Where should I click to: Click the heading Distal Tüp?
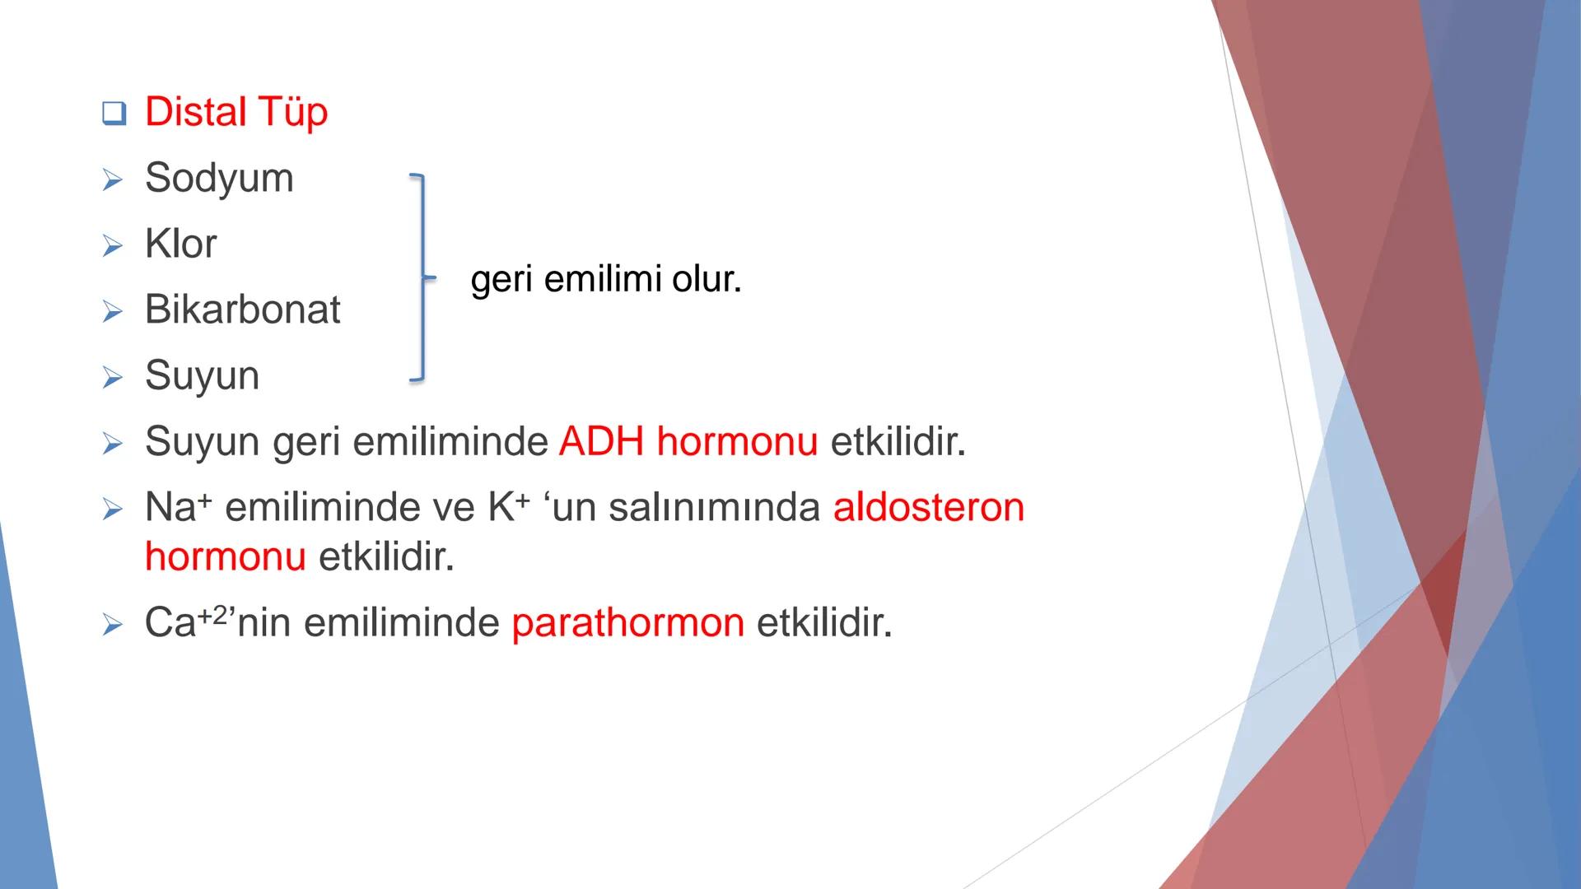(x=236, y=112)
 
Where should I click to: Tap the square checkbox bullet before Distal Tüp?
(x=114, y=114)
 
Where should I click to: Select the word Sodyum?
(x=219, y=178)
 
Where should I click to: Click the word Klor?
(x=180, y=244)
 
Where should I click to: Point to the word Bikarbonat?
(x=242, y=310)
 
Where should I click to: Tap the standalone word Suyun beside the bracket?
(x=202, y=375)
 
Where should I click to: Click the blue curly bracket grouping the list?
(x=422, y=277)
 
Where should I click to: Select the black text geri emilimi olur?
(x=606, y=280)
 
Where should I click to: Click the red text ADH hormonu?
(x=688, y=441)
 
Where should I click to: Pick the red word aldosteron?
(x=929, y=507)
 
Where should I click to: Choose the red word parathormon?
(x=627, y=622)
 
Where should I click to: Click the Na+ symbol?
(x=178, y=507)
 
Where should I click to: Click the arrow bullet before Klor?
(x=113, y=245)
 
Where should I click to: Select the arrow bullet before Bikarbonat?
(x=113, y=311)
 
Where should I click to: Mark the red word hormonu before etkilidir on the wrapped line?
(x=225, y=556)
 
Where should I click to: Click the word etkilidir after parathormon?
(x=823, y=622)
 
